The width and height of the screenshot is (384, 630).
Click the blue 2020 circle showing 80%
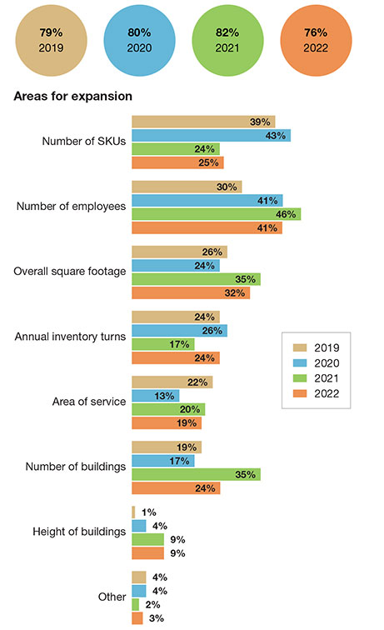coord(139,40)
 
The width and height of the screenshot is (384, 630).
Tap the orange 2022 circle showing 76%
coord(316,40)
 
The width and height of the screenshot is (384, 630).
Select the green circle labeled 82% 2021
coord(227,40)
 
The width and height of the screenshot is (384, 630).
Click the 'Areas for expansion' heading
coord(73,97)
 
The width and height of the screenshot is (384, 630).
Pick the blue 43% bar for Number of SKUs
coord(212,135)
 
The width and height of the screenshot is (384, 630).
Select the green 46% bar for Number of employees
coord(216,214)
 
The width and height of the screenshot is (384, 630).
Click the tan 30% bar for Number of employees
coord(187,187)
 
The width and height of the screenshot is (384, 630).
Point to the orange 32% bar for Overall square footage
coord(191,292)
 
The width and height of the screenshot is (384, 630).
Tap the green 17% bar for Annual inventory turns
coord(163,344)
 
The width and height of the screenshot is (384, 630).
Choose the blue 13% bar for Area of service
coord(156,396)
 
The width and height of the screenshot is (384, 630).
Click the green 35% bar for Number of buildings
coord(196,474)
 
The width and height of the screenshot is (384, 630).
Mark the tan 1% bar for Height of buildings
coord(133,512)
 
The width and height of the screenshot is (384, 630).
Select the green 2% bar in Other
coord(136,605)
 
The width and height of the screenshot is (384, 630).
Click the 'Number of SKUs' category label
coord(84,142)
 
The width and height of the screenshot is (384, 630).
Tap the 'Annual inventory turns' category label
coord(70,337)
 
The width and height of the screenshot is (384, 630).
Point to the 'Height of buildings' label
coord(79,532)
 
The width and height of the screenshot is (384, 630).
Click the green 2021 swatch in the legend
coord(300,378)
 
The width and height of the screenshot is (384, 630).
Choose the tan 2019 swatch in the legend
coord(300,347)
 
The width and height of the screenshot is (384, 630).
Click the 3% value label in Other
coord(157,618)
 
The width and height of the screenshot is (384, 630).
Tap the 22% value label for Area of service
coord(197,382)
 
